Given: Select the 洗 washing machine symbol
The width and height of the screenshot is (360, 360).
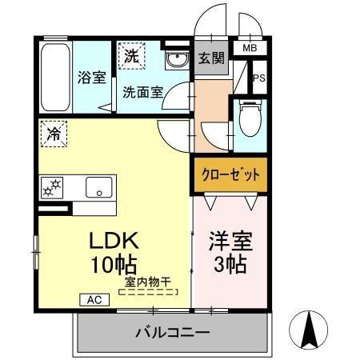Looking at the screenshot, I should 132,56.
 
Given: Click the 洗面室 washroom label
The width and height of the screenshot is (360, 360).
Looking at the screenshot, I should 143,91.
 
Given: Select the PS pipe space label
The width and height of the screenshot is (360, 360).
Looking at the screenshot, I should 258,78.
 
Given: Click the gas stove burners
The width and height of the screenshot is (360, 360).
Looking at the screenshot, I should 52,189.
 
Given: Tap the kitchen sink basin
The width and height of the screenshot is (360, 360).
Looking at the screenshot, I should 101,188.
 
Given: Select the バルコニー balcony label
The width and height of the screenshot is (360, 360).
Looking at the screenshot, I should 171,331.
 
